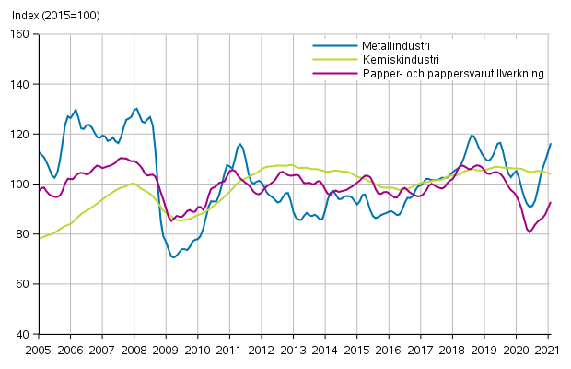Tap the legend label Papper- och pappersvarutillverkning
pos(438,73)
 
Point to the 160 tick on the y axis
pos(21,34)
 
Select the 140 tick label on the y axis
pos(21,84)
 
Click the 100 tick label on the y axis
pos(21,184)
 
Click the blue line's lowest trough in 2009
pos(173,257)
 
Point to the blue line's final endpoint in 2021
pos(551,143)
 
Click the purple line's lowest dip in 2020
pos(530,232)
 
